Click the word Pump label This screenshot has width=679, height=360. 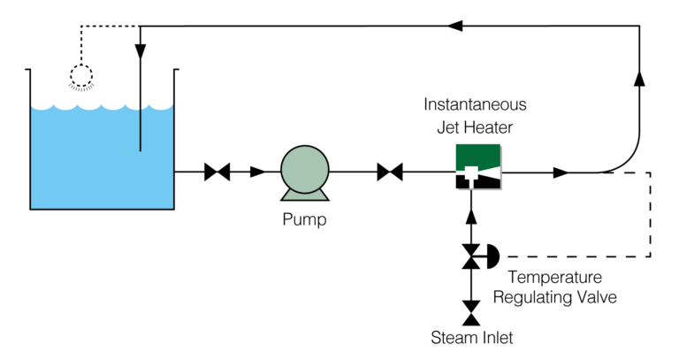click(304, 219)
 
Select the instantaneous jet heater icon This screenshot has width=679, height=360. click(478, 166)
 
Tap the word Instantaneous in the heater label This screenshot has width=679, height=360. click(475, 104)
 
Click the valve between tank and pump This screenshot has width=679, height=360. click(217, 172)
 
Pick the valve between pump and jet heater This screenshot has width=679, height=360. click(390, 172)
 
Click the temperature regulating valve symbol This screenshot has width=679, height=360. click(474, 257)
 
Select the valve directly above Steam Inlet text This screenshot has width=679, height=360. click(471, 312)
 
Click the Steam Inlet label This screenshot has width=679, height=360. click(471, 338)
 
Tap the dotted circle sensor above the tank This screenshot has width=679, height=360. click(81, 77)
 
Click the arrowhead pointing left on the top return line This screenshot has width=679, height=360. click(456, 27)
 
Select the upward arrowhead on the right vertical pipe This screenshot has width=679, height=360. click(638, 79)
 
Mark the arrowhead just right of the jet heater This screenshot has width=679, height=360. click(561, 172)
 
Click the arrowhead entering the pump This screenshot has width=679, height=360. click(257, 172)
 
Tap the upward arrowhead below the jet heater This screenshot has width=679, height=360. click(471, 216)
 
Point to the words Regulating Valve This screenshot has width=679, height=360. click(554, 297)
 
